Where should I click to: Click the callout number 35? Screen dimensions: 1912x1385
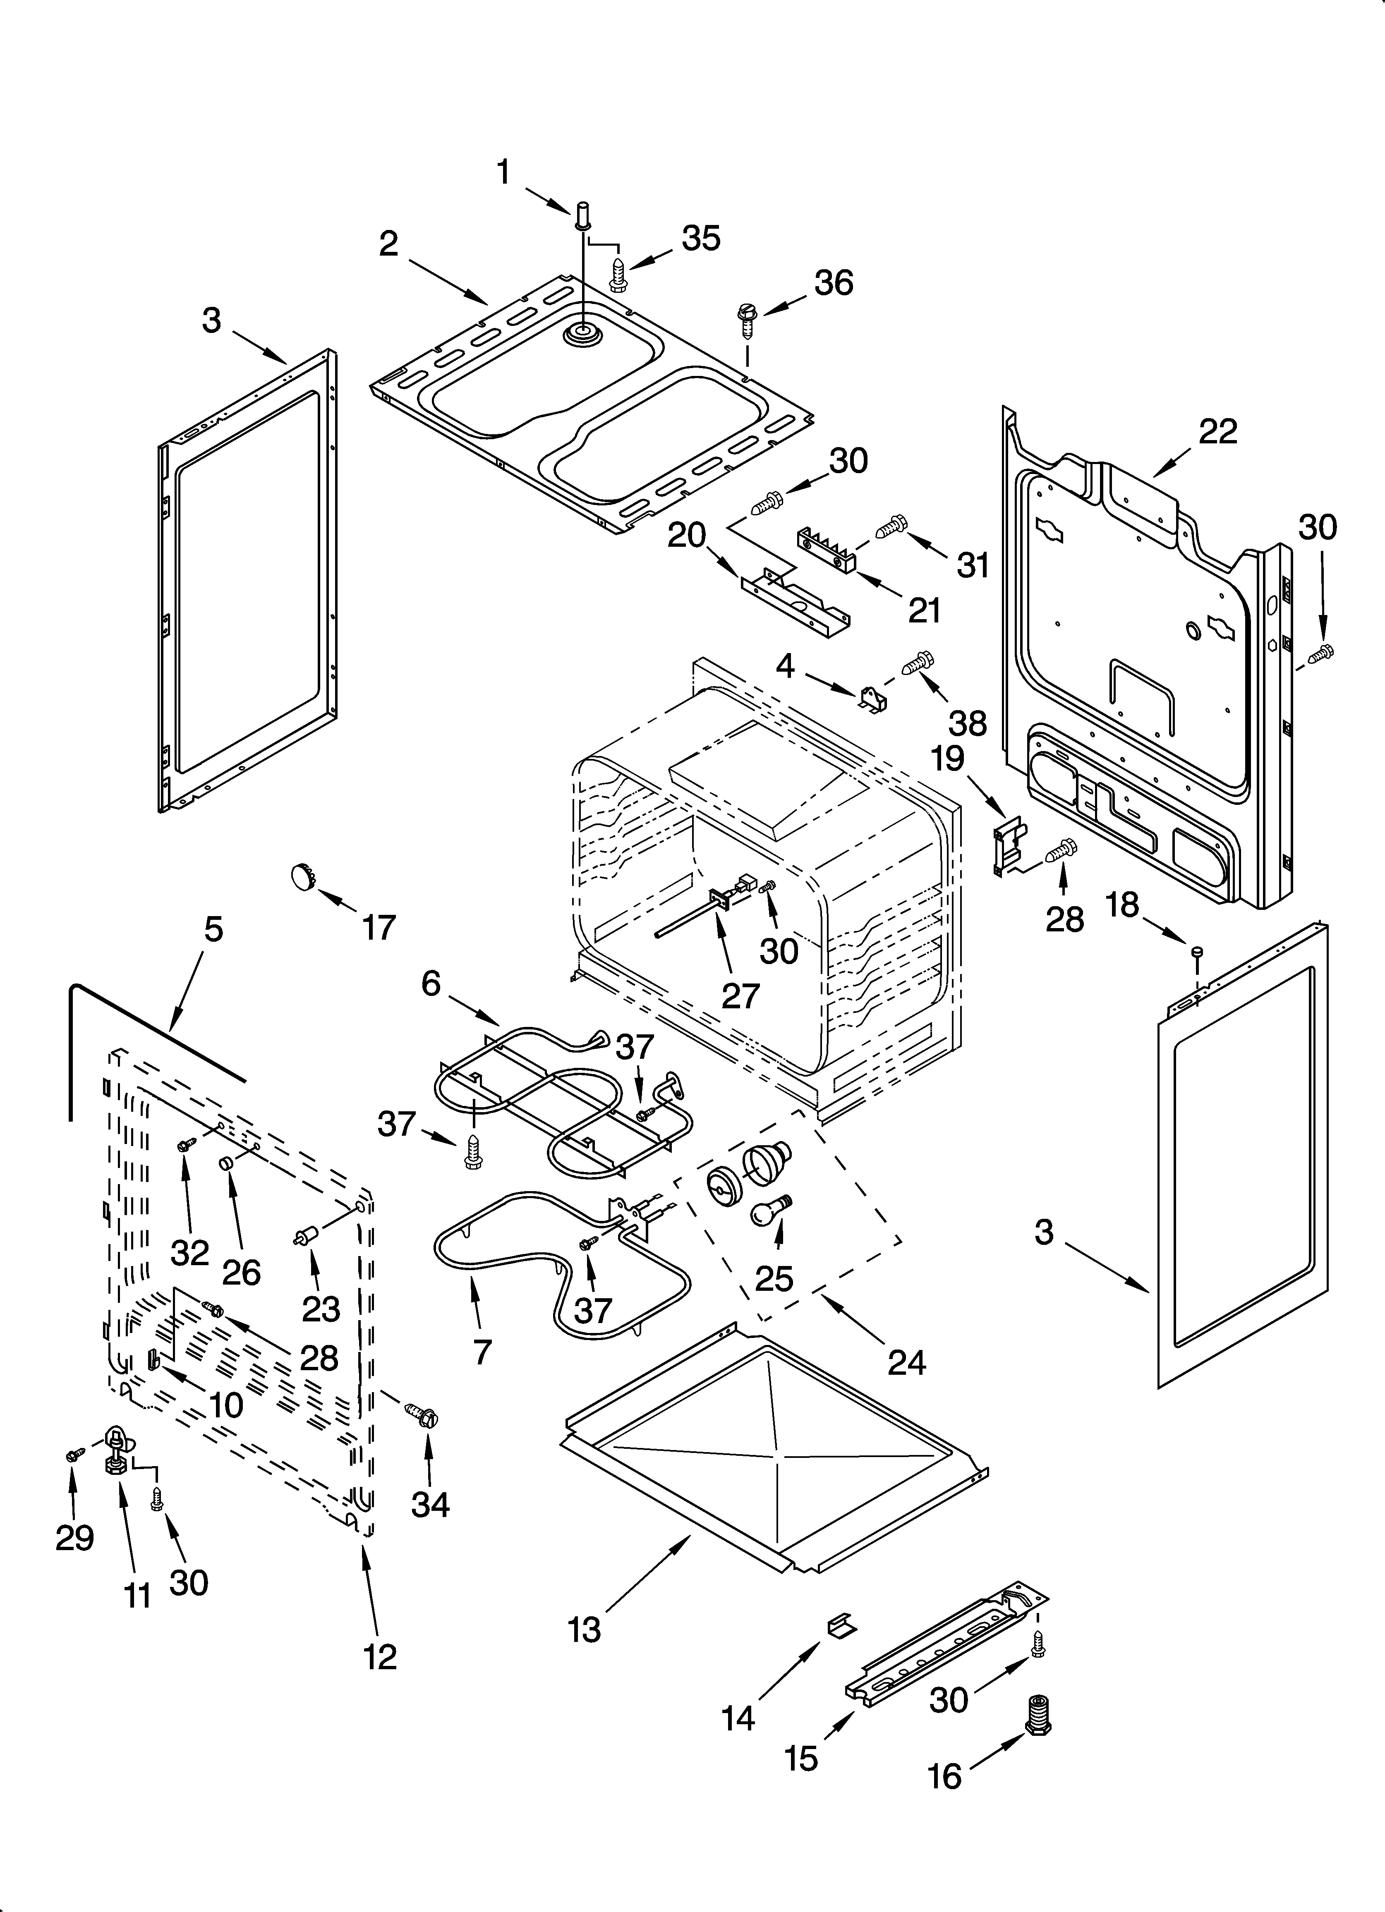(x=701, y=239)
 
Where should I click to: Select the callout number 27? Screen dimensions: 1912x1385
(x=740, y=995)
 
